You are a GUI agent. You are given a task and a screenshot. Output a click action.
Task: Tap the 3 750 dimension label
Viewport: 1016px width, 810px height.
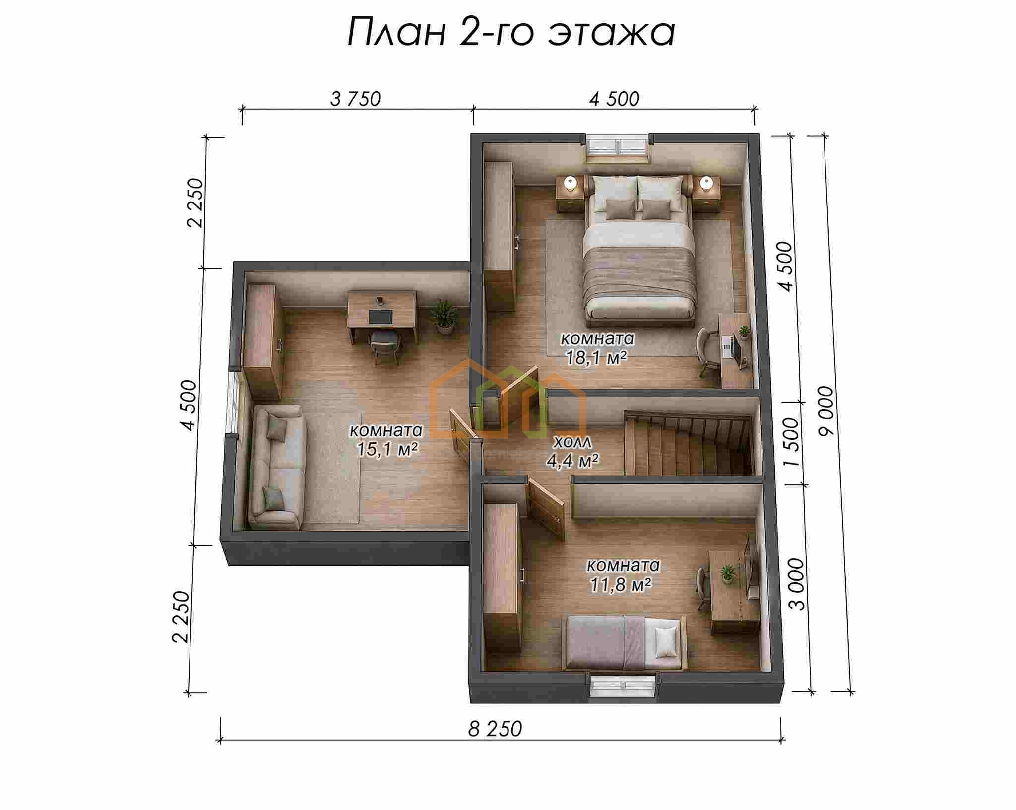click(355, 100)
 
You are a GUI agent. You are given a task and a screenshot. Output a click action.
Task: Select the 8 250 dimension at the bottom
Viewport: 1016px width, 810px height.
click(495, 729)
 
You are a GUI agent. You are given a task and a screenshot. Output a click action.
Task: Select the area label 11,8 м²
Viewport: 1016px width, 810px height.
click(621, 585)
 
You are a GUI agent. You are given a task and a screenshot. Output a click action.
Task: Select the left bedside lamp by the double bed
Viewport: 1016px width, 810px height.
click(571, 184)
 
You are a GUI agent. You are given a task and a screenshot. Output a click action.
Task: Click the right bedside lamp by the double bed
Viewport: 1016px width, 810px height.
click(707, 184)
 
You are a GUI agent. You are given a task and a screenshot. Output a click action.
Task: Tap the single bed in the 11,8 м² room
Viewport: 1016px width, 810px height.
click(626, 642)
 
